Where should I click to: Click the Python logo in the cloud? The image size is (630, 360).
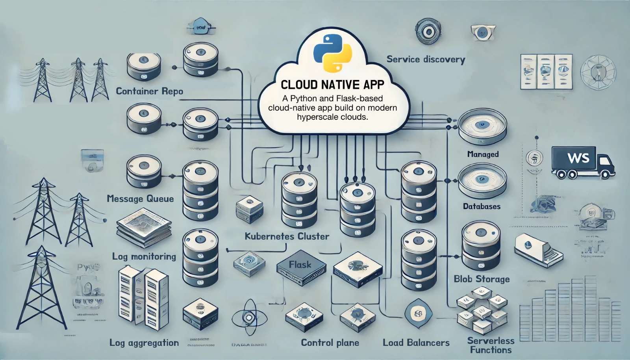click(332, 53)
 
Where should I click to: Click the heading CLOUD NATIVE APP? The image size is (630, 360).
click(332, 84)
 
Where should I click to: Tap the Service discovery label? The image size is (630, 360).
click(426, 59)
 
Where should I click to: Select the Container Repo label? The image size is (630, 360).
click(149, 91)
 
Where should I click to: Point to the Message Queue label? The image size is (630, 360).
click(140, 199)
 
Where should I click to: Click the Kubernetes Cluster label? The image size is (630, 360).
click(287, 236)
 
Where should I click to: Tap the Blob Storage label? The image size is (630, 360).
click(482, 279)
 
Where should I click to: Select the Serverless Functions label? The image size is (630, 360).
click(491, 345)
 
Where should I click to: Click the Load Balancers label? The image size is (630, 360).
click(416, 343)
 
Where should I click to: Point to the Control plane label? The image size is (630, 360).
click(330, 343)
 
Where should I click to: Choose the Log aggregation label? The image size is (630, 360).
click(144, 343)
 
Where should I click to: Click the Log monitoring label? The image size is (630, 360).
click(144, 256)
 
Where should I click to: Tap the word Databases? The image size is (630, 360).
click(482, 206)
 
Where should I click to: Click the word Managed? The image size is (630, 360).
click(483, 154)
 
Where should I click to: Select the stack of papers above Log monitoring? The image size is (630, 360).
click(144, 228)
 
